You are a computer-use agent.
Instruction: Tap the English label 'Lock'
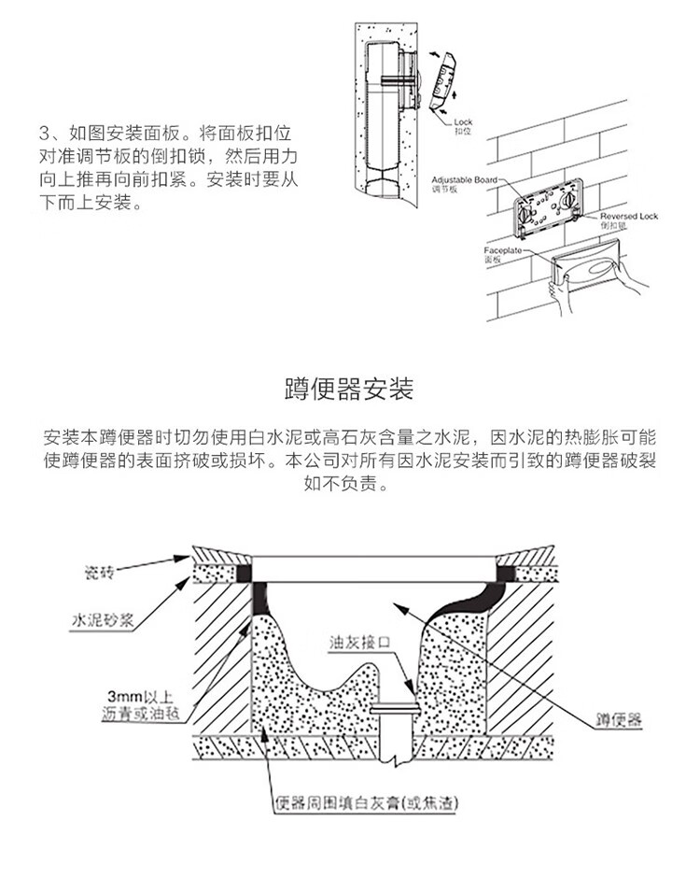point(464,122)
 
